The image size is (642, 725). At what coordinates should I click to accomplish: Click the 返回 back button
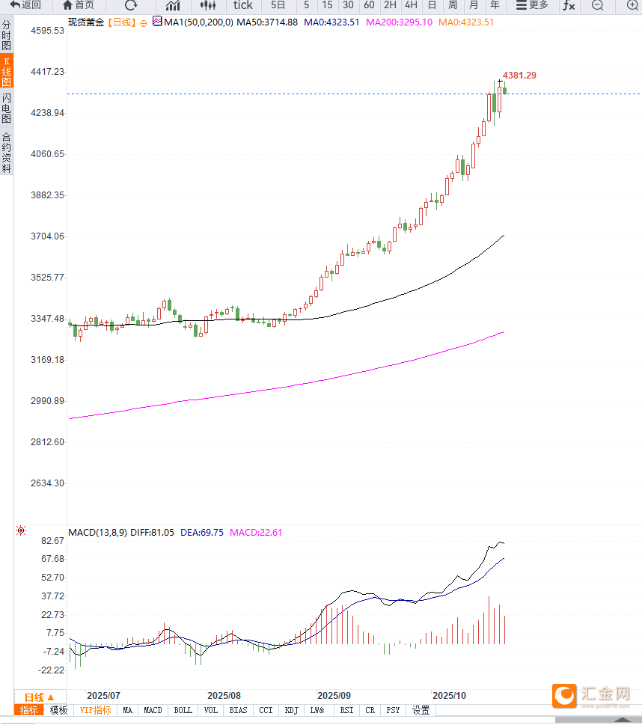point(25,5)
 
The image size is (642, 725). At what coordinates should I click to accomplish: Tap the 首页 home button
point(79,5)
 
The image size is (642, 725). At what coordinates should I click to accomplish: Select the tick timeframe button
point(243,5)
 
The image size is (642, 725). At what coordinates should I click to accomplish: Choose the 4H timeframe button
point(411,5)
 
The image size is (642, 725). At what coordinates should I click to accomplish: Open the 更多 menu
point(533,5)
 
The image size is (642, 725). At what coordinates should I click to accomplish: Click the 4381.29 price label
point(519,76)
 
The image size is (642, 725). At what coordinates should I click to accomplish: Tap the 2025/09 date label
point(334,695)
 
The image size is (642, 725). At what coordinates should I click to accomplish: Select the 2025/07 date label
point(104,695)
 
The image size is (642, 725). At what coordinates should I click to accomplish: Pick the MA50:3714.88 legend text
point(266,22)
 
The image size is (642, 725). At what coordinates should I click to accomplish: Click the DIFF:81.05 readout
point(152,533)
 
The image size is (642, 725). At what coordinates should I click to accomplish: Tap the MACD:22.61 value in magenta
point(256,533)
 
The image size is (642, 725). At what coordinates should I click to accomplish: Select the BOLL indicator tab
point(183,710)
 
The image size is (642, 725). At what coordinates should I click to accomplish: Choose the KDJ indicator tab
point(292,710)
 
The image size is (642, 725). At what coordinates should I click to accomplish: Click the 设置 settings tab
point(421,710)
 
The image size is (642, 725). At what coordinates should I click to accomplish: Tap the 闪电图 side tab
point(7,108)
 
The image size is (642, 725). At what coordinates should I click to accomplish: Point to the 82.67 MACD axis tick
point(52,541)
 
